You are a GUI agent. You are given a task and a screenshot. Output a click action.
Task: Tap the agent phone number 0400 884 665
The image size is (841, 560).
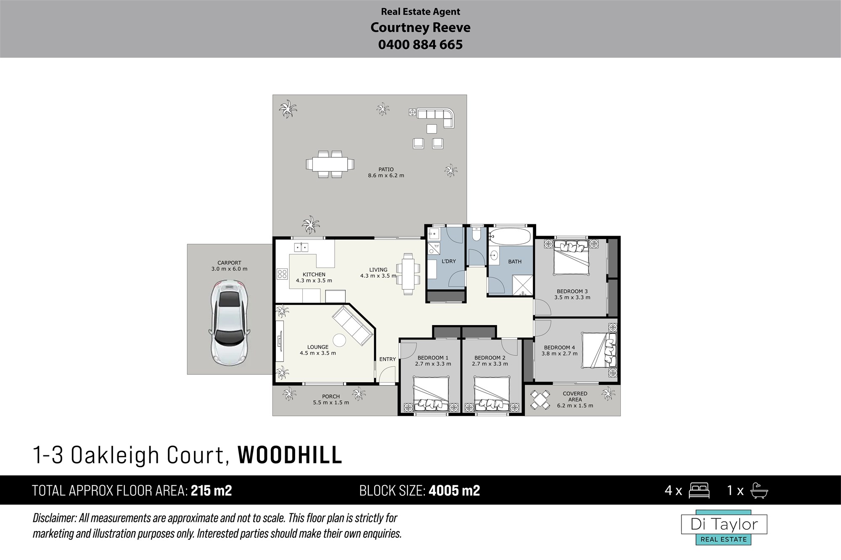(x=420, y=45)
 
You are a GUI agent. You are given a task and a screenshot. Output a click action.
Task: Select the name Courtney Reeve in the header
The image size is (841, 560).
(x=420, y=28)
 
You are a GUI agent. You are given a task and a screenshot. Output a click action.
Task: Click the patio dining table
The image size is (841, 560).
(x=330, y=164)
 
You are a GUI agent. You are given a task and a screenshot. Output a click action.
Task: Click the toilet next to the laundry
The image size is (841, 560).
(x=476, y=234)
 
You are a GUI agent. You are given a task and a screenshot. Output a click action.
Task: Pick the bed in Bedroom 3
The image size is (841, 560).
(x=572, y=257)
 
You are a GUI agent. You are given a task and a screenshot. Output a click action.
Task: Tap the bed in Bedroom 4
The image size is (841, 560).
(x=599, y=348)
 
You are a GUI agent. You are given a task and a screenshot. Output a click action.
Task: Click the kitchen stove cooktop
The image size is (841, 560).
(x=282, y=275)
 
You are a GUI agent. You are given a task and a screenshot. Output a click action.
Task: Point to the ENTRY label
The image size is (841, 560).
(x=387, y=359)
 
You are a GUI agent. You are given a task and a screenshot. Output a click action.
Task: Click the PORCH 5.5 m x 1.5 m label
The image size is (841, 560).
(x=331, y=400)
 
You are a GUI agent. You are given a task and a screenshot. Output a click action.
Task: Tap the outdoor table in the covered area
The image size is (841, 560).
(x=540, y=400)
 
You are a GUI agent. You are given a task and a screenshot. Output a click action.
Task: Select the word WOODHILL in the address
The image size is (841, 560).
(x=290, y=455)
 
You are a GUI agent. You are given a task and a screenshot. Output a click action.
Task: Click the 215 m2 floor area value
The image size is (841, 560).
(x=212, y=491)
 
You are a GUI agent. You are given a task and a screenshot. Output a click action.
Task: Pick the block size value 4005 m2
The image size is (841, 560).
(x=455, y=491)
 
